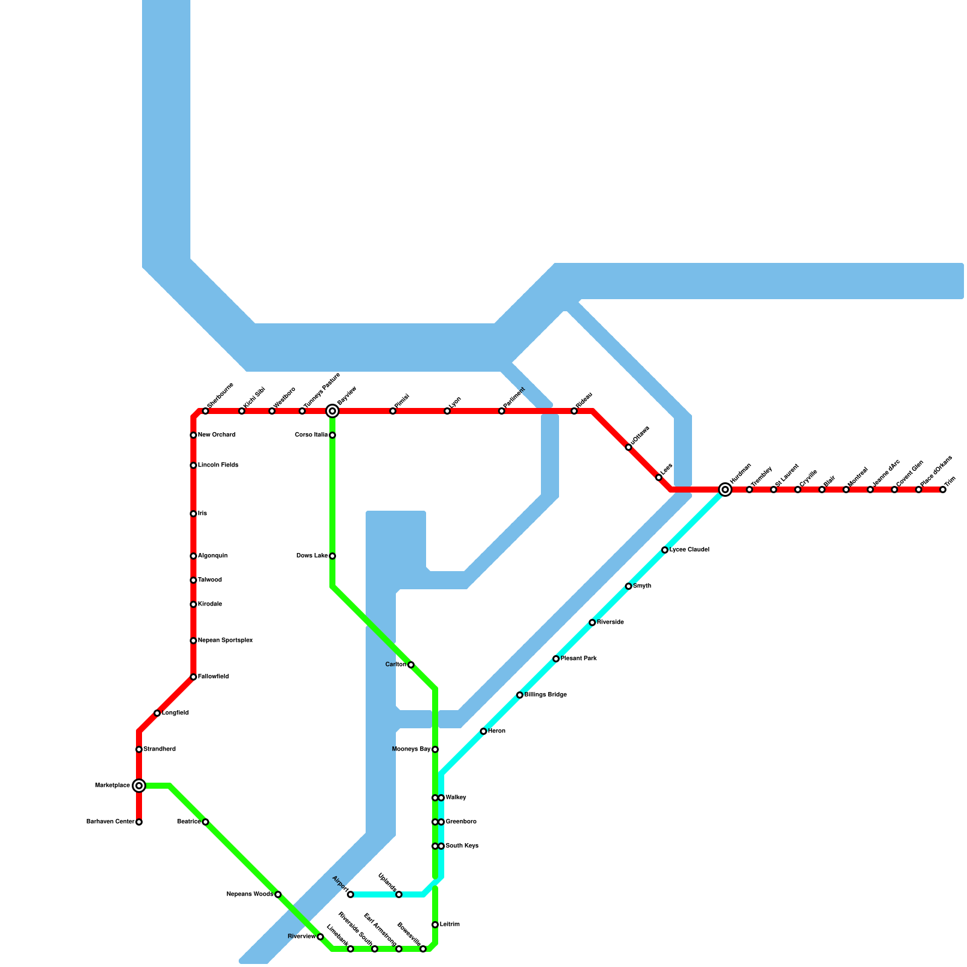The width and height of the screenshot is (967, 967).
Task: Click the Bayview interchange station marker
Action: click(332, 411)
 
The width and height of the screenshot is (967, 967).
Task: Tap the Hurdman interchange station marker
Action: click(725, 490)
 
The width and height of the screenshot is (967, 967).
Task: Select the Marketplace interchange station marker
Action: click(139, 786)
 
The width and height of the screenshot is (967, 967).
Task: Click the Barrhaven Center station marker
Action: click(139, 822)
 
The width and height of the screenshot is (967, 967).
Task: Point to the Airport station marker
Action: click(351, 894)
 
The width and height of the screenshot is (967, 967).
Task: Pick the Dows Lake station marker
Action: click(332, 556)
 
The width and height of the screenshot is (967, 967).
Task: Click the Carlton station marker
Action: click(411, 665)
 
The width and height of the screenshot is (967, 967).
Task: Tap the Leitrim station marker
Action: click(435, 925)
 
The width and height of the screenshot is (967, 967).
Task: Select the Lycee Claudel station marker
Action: click(665, 550)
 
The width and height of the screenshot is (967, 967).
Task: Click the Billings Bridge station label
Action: click(545, 695)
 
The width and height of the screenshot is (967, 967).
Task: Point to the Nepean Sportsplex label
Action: click(225, 641)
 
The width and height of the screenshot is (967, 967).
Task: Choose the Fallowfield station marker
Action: click(193, 677)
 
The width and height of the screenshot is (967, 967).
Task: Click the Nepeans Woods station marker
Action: click(278, 894)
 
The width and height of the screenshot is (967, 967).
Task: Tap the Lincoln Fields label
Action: click(218, 465)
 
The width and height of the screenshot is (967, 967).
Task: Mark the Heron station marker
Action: click(483, 731)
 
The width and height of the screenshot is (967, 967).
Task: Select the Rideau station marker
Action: click(574, 411)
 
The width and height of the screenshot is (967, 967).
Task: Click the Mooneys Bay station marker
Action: click(435, 749)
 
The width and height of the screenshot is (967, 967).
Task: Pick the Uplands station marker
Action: click(399, 894)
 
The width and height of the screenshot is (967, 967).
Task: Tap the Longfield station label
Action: click(175, 713)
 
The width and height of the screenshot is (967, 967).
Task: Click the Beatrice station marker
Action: click(205, 822)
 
